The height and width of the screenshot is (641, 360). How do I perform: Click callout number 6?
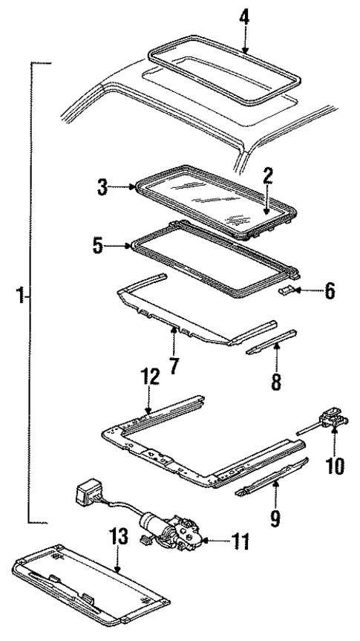pos(328,291)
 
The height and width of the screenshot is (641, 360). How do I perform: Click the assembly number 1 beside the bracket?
pos(21,298)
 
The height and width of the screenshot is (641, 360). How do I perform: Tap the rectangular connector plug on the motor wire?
pos(86,494)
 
